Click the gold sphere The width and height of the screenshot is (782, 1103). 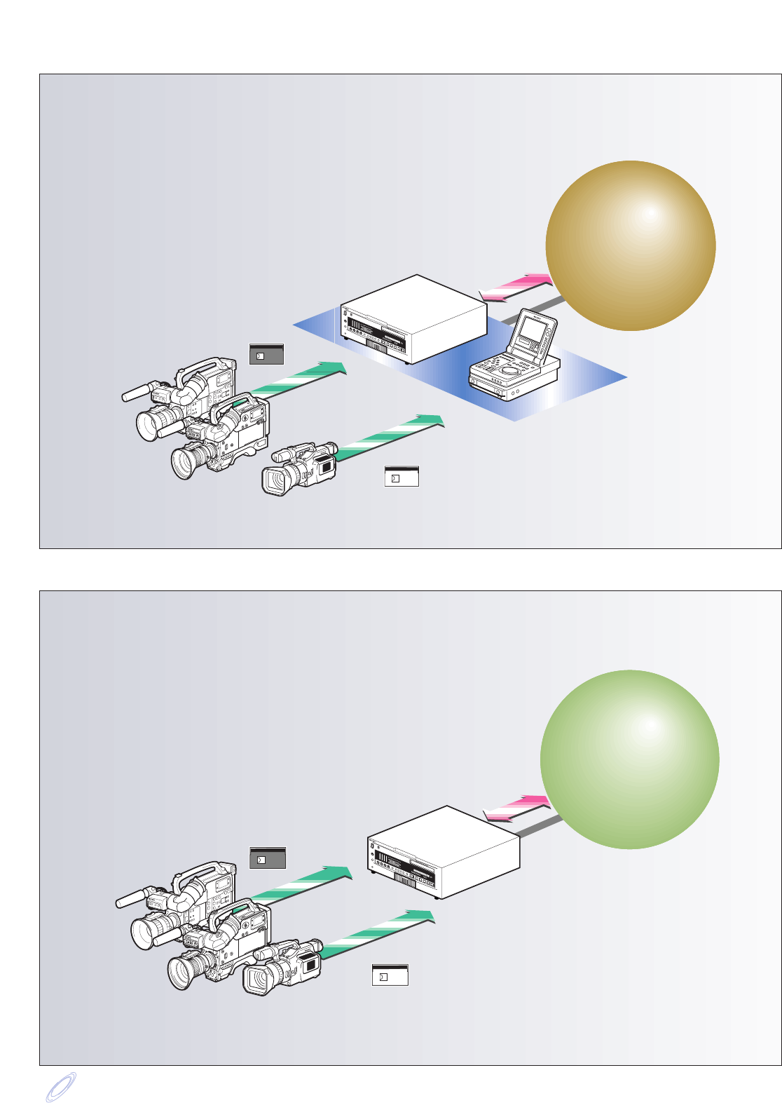(630, 245)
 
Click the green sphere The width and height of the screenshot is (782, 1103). (629, 759)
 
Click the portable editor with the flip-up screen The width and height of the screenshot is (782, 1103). (515, 361)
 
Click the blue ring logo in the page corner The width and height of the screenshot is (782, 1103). (60, 1087)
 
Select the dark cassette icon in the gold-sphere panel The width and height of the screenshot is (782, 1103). (266, 354)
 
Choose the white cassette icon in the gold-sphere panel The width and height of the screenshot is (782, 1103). (402, 477)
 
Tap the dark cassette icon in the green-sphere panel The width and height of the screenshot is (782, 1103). (267, 858)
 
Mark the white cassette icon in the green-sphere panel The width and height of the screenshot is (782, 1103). (390, 975)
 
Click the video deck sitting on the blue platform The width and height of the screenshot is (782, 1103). (413, 319)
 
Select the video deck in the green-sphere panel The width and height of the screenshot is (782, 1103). (443, 852)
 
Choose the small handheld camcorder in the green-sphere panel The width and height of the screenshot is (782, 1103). (282, 967)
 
